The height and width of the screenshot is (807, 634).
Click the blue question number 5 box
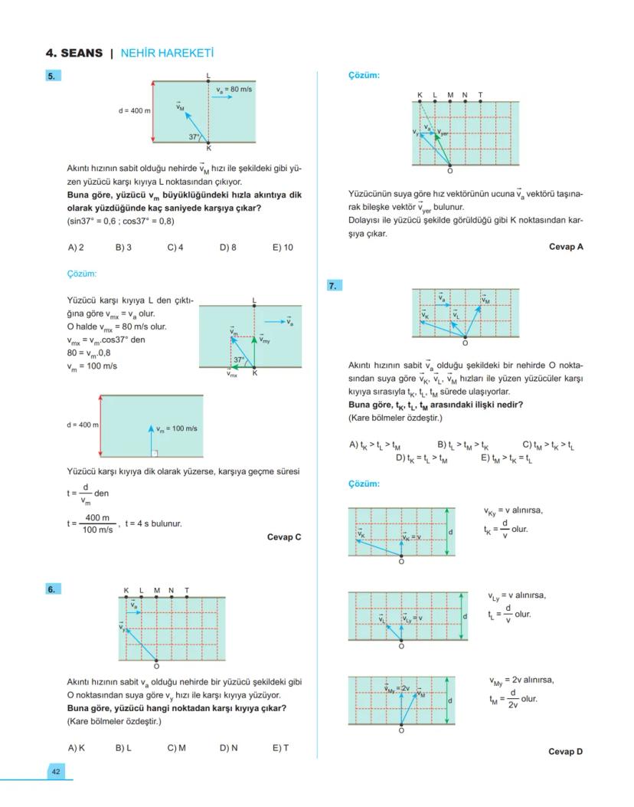pyautogui.click(x=53, y=76)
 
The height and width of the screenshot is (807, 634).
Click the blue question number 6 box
pyautogui.click(x=53, y=589)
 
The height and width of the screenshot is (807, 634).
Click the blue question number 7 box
pyautogui.click(x=334, y=286)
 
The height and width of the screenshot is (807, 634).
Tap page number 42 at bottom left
pyautogui.click(x=55, y=771)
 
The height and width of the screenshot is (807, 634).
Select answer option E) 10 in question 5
pyautogui.click(x=282, y=248)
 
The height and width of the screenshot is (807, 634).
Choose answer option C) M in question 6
pyautogui.click(x=176, y=747)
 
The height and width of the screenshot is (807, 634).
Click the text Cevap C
pyautogui.click(x=284, y=537)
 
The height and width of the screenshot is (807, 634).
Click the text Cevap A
pyautogui.click(x=566, y=247)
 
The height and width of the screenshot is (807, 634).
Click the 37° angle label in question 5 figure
pyautogui.click(x=194, y=136)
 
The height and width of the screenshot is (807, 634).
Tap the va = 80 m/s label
pyautogui.click(x=234, y=90)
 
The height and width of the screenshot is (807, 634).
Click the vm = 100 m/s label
pyautogui.click(x=177, y=428)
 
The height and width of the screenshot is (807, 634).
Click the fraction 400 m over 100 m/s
pyautogui.click(x=98, y=524)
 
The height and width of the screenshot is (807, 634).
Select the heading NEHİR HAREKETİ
pyautogui.click(x=167, y=54)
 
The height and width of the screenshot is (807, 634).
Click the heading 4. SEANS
pyautogui.click(x=74, y=54)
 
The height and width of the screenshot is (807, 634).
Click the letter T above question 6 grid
pyautogui.click(x=187, y=591)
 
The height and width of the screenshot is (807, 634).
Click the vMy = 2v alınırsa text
pyautogui.click(x=521, y=680)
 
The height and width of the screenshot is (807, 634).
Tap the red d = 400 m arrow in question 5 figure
pyautogui.click(x=154, y=111)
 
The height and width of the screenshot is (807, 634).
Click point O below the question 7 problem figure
pyautogui.click(x=465, y=343)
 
